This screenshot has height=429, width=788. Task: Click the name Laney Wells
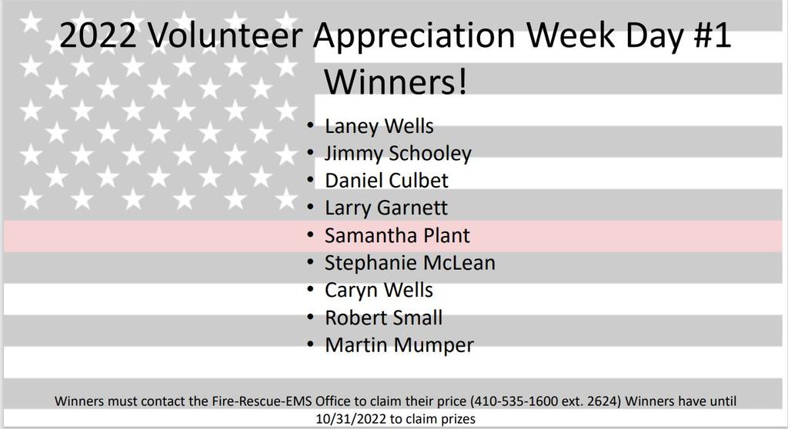tap(379, 127)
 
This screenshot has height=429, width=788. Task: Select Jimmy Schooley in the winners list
tap(398, 154)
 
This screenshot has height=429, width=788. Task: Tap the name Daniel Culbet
tap(386, 181)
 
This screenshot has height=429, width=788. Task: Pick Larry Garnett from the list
tap(386, 208)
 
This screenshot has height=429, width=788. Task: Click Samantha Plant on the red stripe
tap(397, 235)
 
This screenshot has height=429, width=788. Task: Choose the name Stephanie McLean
tap(409, 263)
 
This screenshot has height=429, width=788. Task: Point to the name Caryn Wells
tap(379, 291)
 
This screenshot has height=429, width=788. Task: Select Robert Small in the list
tap(383, 318)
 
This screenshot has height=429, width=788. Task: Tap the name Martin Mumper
tap(399, 345)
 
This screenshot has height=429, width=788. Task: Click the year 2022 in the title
tap(98, 35)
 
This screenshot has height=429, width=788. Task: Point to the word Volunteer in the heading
tap(225, 35)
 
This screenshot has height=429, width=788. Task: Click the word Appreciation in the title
tap(415, 36)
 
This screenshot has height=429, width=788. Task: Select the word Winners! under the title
tap(396, 81)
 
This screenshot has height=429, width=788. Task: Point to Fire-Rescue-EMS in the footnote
tap(267, 401)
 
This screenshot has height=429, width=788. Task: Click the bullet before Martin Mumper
tap(311, 344)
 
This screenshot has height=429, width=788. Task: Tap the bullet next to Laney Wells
tap(311, 125)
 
